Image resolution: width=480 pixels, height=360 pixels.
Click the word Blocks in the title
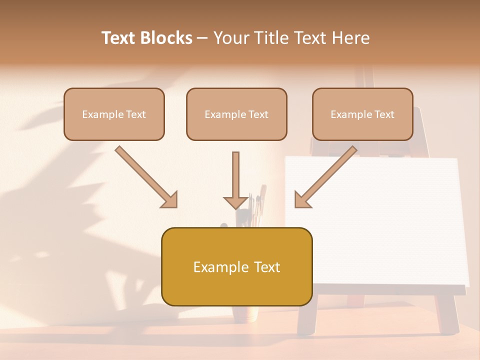167,38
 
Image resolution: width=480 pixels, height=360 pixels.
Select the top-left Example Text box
114,114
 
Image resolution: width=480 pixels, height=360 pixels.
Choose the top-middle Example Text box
236,114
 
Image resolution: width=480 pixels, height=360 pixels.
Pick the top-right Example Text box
362,114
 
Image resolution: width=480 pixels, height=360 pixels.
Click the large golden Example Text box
236,266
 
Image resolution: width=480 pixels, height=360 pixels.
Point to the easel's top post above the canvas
367,80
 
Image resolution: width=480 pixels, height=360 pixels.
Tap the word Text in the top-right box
385,114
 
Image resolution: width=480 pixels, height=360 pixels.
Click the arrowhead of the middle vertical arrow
235,202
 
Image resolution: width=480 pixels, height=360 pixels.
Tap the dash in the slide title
202,38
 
